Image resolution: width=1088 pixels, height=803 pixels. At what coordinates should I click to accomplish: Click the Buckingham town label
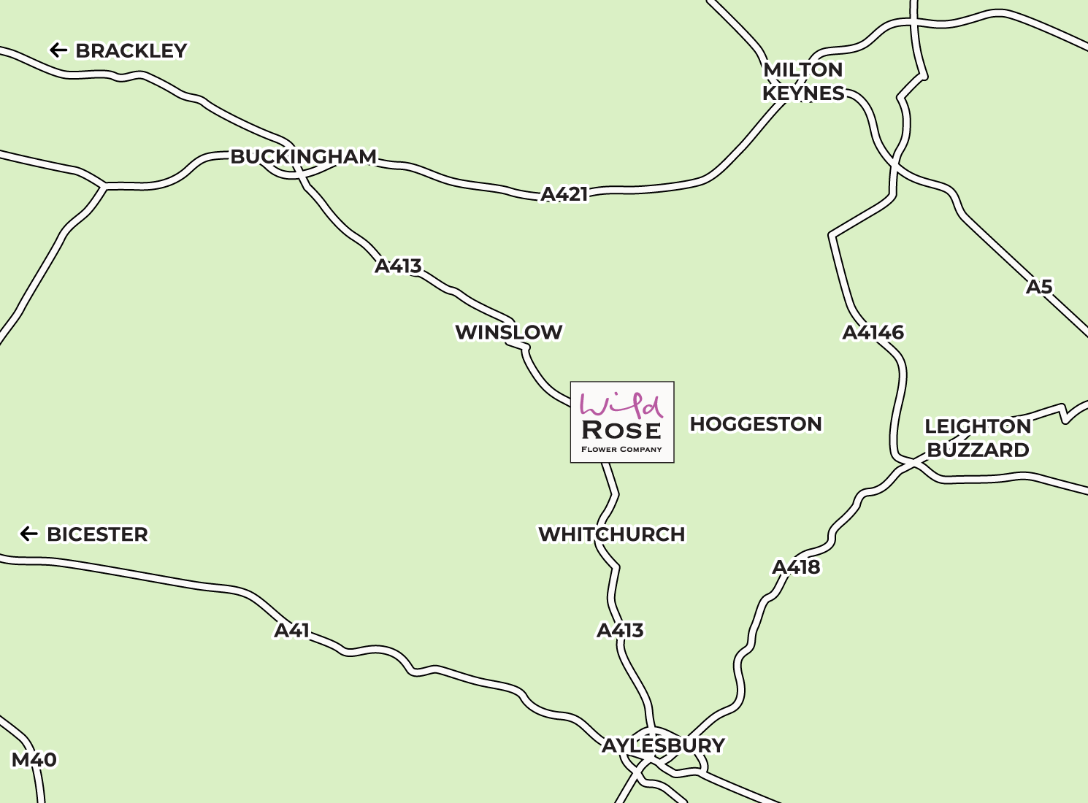304,157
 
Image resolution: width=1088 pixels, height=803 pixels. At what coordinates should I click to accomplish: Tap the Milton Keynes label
803,82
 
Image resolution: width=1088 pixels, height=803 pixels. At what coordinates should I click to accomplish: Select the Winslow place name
509,332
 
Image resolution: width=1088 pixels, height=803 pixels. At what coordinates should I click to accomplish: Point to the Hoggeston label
756,424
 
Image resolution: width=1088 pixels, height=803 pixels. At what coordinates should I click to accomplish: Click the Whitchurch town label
612,534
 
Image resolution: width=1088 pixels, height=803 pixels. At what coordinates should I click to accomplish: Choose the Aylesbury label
663,745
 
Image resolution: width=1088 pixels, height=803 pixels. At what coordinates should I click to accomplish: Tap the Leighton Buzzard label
978,438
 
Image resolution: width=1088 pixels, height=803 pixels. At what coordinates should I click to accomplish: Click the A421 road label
564,194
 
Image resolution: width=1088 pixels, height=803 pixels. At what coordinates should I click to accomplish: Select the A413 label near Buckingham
398,266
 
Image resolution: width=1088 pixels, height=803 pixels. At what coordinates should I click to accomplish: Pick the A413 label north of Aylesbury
620,630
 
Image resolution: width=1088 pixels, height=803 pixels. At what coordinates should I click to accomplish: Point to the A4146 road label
873,333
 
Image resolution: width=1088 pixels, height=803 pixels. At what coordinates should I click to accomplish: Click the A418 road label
796,567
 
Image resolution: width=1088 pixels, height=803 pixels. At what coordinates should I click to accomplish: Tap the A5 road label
1039,287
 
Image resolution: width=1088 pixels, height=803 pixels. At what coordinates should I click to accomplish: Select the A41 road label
292,630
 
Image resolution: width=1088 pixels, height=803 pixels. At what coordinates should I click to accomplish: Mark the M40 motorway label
34,760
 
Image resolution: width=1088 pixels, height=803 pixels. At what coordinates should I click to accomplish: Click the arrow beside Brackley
58,50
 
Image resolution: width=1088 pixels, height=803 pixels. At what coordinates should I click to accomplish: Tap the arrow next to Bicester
29,534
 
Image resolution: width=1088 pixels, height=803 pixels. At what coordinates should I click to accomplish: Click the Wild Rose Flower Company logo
622,422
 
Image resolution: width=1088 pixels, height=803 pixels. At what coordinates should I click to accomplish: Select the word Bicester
97,534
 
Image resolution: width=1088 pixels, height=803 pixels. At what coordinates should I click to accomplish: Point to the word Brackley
131,51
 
